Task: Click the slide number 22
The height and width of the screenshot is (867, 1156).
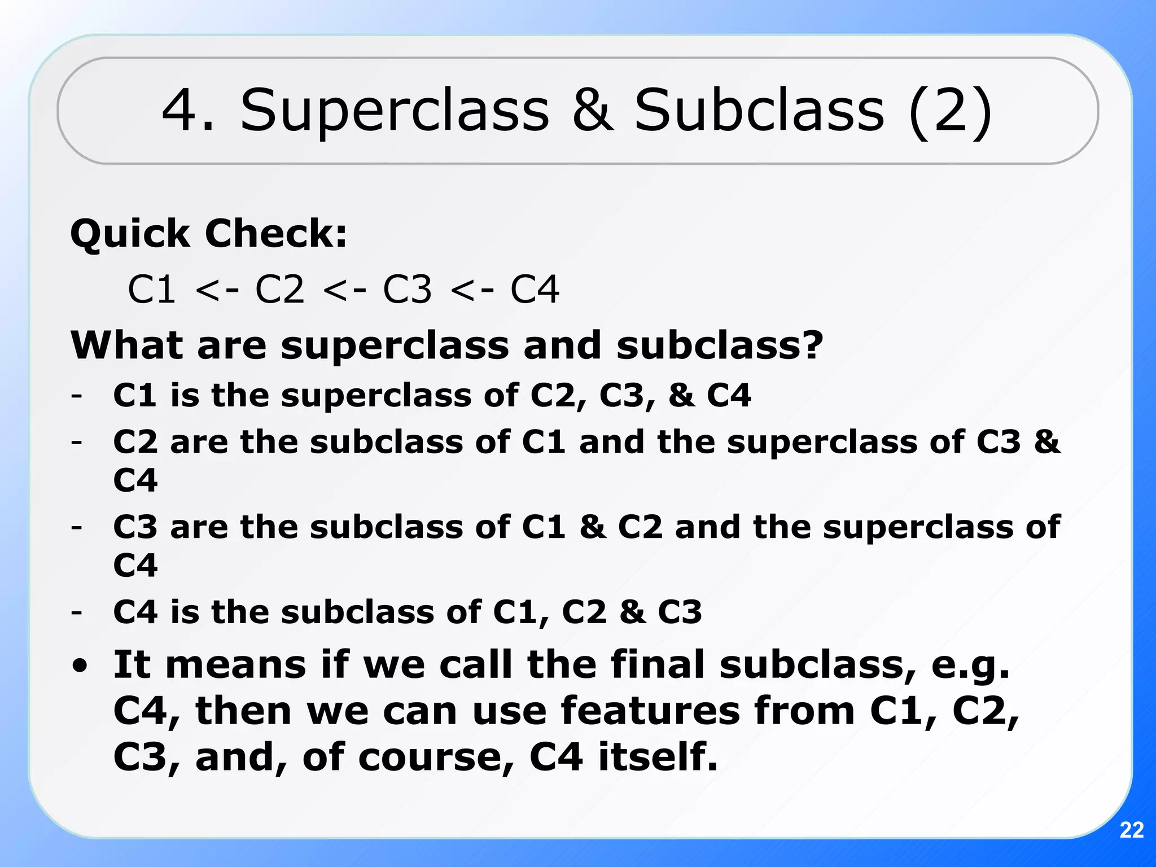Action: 1131,830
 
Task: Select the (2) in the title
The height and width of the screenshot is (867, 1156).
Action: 951,111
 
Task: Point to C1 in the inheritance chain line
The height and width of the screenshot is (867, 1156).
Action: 151,290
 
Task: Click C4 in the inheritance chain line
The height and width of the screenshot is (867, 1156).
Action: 535,290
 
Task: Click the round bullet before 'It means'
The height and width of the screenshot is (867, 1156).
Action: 80,666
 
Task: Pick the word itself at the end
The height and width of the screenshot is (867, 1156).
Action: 658,757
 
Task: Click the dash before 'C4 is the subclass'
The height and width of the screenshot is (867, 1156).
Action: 77,612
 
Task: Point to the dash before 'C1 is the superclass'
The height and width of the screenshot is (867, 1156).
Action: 77,395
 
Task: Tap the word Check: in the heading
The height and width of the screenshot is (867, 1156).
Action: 276,234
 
